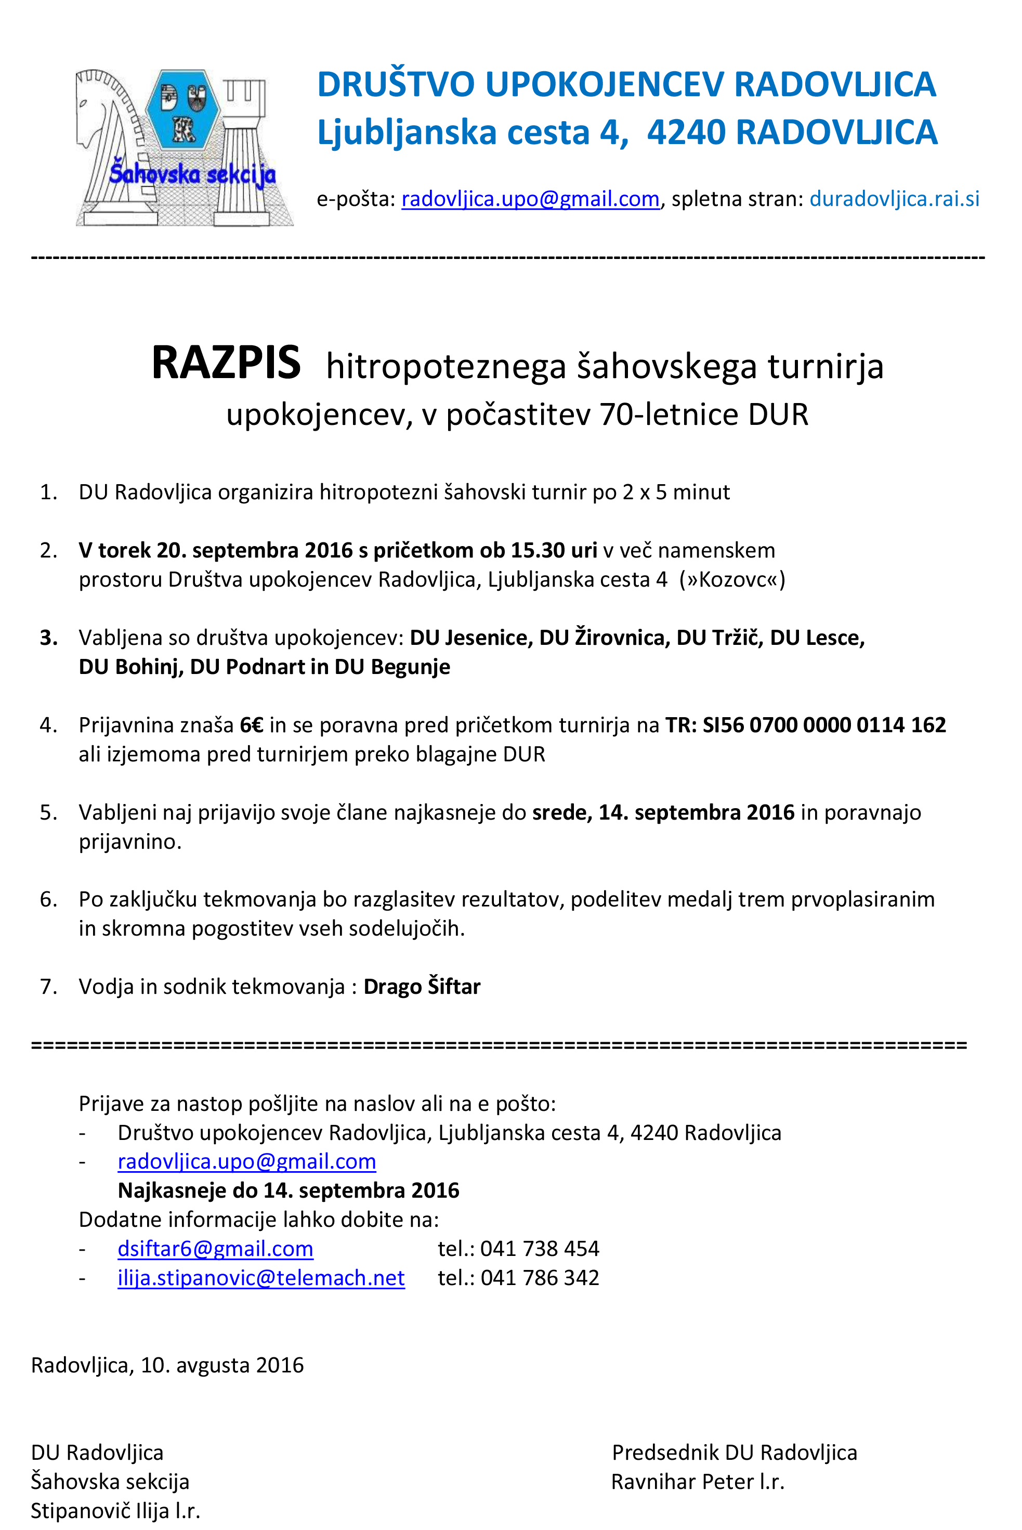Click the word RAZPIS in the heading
pos(226,363)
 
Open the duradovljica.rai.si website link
pos(894,199)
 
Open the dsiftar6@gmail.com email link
pos(215,1248)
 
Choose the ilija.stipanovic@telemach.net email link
pos(261,1278)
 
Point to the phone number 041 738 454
pos(540,1248)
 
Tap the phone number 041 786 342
pos(540,1278)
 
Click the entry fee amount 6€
pos(252,725)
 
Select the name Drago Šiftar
pos(422,987)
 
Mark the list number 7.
pos(48,987)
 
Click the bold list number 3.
pos(48,638)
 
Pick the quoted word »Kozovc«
pos(732,579)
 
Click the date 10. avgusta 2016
pos(222,1365)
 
